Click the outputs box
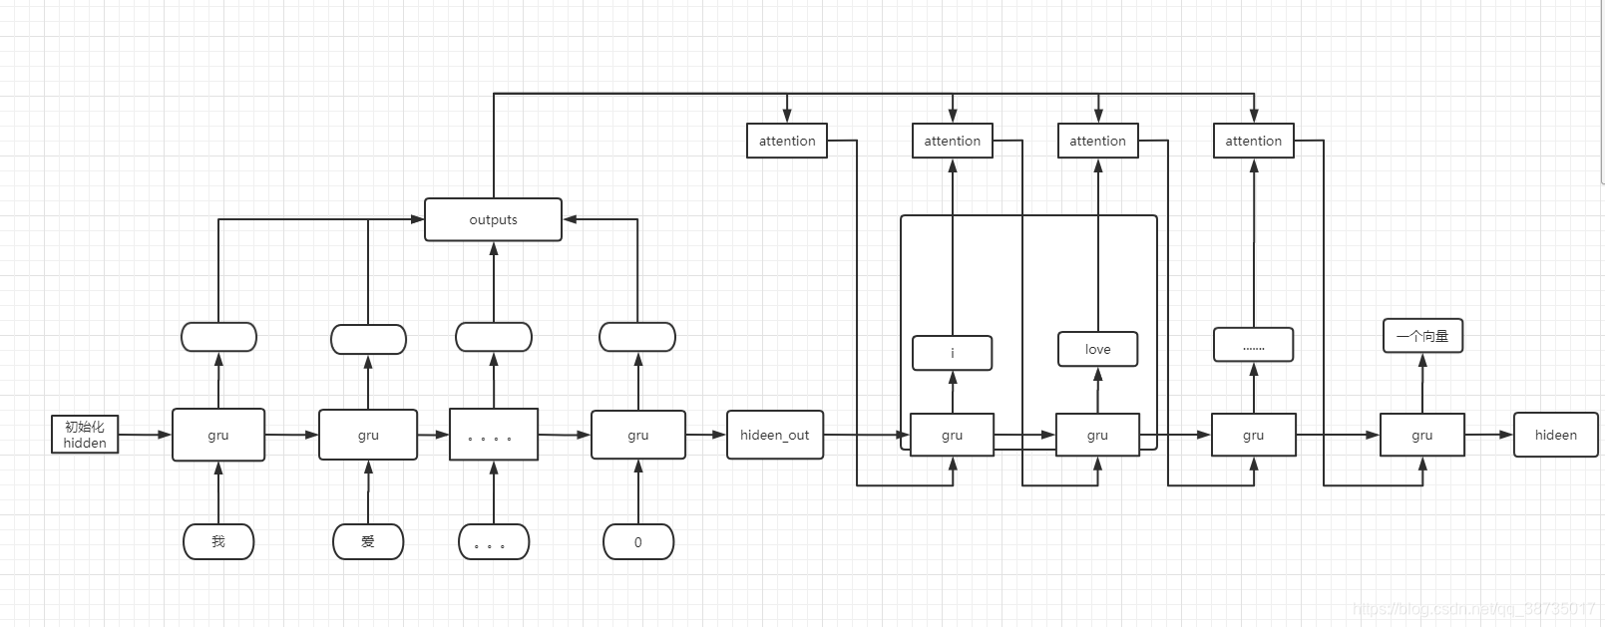(493, 219)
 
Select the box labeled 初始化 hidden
(85, 435)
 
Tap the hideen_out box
(775, 435)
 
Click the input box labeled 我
(218, 541)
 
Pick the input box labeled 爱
(368, 541)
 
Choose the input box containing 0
(638, 542)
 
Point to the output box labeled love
(1097, 349)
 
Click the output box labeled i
(953, 353)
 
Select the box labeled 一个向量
(1422, 336)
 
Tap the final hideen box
(1555, 435)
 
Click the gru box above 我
(218, 435)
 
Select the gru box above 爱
(368, 435)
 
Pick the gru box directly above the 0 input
(638, 435)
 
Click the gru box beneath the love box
(1097, 435)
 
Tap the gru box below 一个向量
(1422, 435)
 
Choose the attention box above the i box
(953, 141)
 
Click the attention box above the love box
(1097, 141)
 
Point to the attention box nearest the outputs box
(787, 141)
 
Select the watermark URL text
(1473, 609)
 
